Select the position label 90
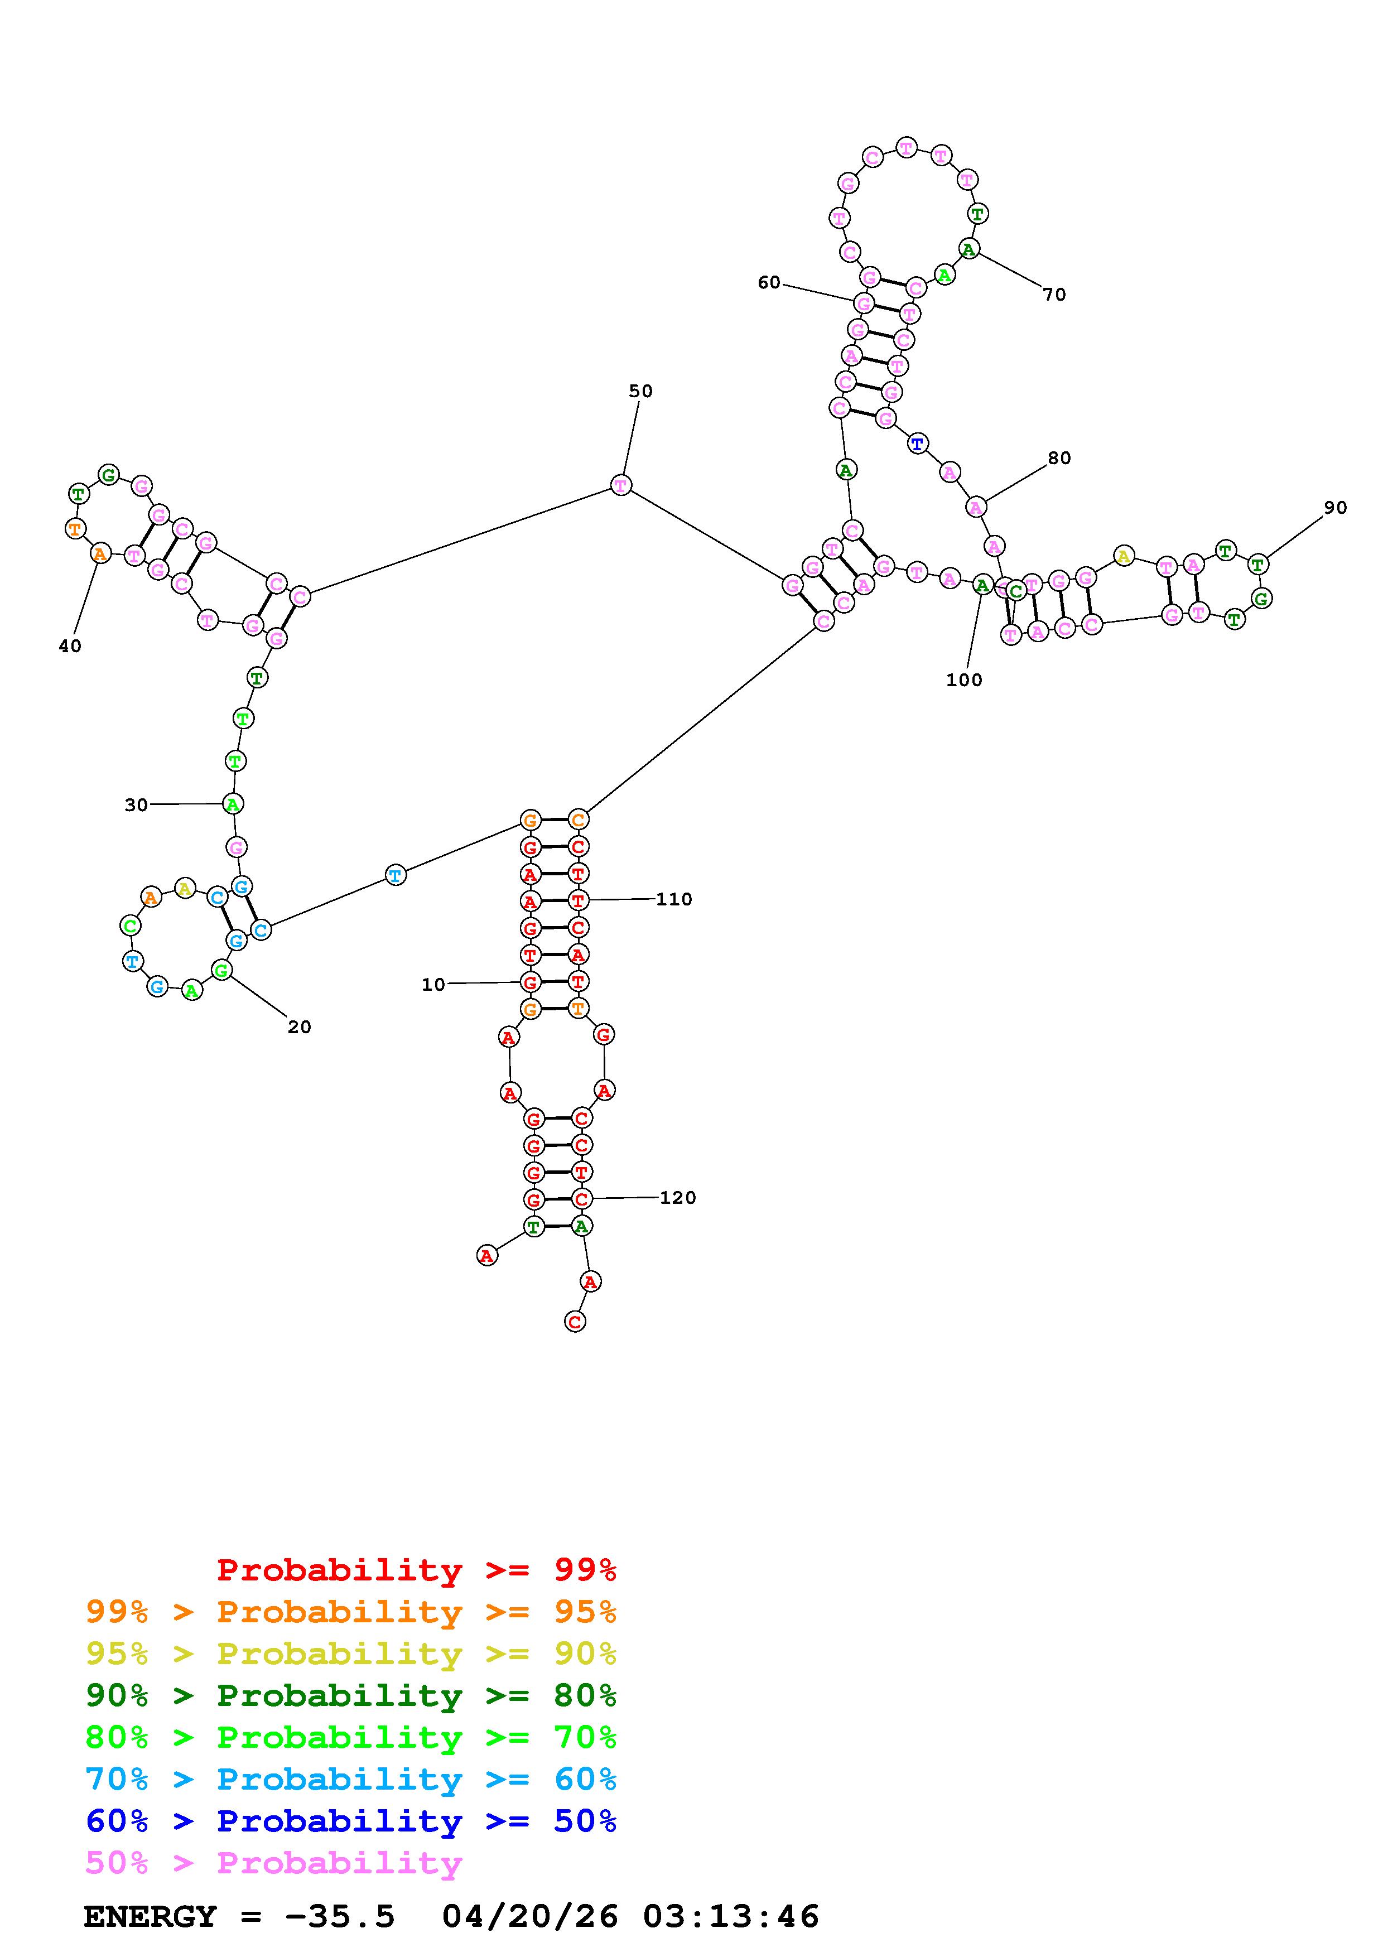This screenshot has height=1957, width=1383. pyautogui.click(x=1335, y=508)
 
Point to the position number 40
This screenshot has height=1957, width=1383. pyautogui.click(x=70, y=646)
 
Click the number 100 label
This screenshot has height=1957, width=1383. pyautogui.click(x=964, y=680)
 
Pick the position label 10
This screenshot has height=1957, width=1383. pyautogui.click(x=433, y=985)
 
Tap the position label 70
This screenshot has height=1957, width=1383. pyautogui.click(x=1054, y=295)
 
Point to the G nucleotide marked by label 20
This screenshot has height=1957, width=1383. pyautogui.click(x=221, y=970)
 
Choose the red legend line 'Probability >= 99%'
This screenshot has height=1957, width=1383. pyautogui.click(x=416, y=1570)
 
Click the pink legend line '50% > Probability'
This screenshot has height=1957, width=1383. pyautogui.click(x=273, y=1863)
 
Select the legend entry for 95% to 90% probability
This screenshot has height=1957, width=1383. pyautogui.click(x=351, y=1654)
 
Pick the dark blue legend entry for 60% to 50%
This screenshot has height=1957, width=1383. pyautogui.click(x=351, y=1821)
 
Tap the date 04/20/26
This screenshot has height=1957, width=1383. pyautogui.click(x=530, y=1916)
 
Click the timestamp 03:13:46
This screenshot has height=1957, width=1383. pyautogui.click(x=730, y=1916)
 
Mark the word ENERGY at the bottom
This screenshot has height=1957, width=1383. pyautogui.click(x=150, y=1916)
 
